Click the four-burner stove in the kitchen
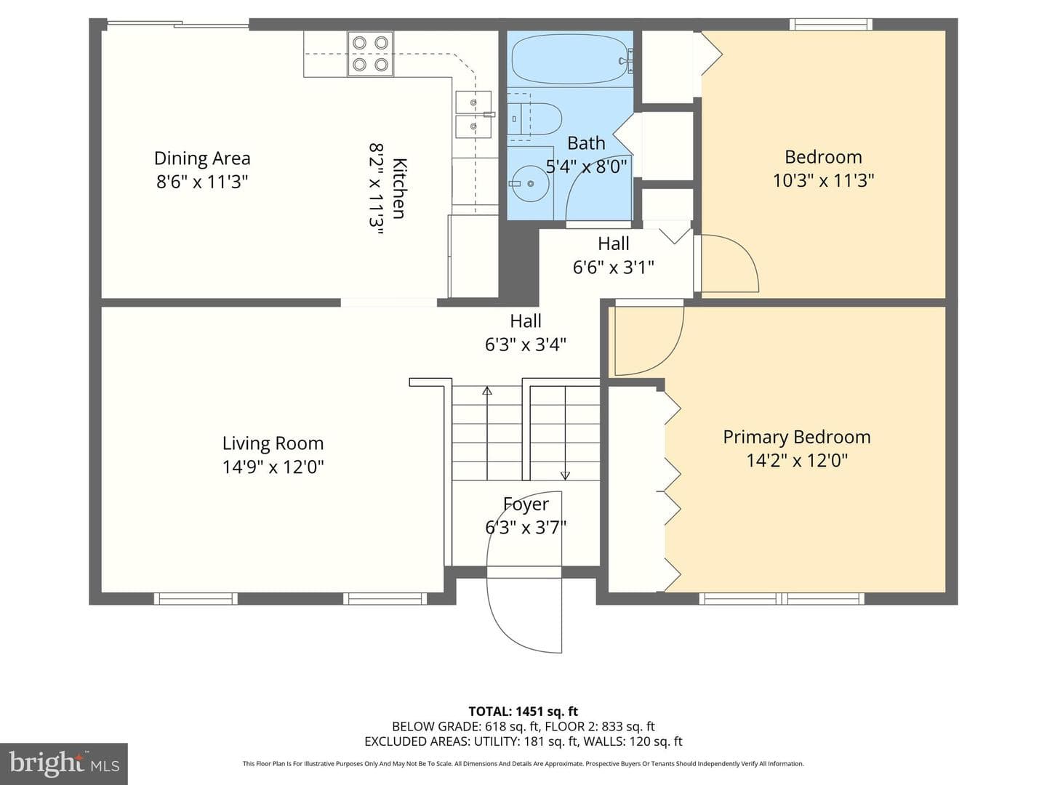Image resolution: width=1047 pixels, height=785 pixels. click(x=370, y=53)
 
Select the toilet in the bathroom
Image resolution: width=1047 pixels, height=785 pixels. click(x=534, y=118)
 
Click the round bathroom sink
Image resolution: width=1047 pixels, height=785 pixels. click(x=530, y=183)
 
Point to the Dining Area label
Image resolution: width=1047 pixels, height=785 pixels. click(x=202, y=158)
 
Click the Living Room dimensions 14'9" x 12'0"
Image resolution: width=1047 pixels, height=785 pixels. click(x=273, y=467)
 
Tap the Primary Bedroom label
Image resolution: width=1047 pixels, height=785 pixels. click(x=797, y=437)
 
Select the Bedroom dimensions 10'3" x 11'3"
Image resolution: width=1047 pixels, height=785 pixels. click(x=823, y=181)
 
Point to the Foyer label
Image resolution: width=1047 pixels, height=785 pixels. click(x=526, y=504)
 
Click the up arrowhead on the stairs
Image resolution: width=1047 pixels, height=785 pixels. click(x=486, y=391)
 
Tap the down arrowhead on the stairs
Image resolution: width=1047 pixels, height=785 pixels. click(x=565, y=475)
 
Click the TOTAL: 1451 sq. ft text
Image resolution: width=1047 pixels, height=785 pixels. click(x=523, y=712)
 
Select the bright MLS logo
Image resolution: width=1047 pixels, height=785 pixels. click(x=64, y=763)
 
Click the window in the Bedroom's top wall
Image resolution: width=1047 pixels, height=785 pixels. click(x=831, y=24)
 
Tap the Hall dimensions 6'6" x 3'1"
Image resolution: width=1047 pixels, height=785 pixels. click(x=613, y=267)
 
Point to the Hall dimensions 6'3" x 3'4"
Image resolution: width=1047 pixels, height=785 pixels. click(x=525, y=344)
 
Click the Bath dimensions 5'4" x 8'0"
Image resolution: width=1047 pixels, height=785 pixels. click(x=586, y=167)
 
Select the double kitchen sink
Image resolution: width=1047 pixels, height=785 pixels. click(x=473, y=114)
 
